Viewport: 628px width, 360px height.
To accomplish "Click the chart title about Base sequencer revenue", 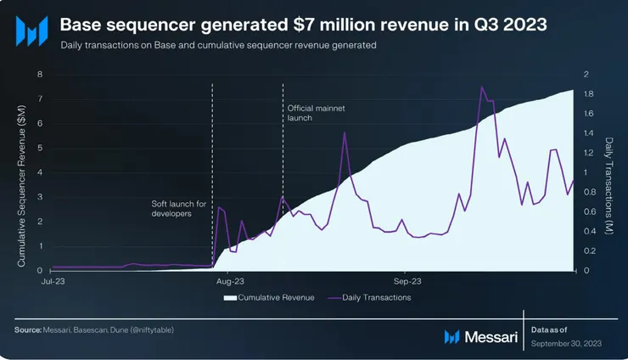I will pyautogui.click(x=310, y=25).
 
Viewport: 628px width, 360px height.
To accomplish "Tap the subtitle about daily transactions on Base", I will pyautogui.click(x=218, y=44).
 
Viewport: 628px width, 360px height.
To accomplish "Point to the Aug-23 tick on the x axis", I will pyautogui.click(x=230, y=279).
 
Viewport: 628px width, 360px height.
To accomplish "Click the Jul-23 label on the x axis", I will pyautogui.click(x=52, y=279).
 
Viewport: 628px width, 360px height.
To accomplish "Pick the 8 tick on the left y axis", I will pyautogui.click(x=39, y=75).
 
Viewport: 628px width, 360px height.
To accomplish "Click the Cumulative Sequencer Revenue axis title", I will pyautogui.click(x=21, y=172).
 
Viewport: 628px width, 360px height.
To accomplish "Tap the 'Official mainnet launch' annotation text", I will pyautogui.click(x=311, y=113).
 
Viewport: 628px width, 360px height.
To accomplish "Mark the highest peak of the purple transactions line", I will pyautogui.click(x=482, y=87).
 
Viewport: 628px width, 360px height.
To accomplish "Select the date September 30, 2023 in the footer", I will pyautogui.click(x=566, y=344).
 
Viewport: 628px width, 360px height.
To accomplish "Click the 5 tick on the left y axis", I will pyautogui.click(x=39, y=148).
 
